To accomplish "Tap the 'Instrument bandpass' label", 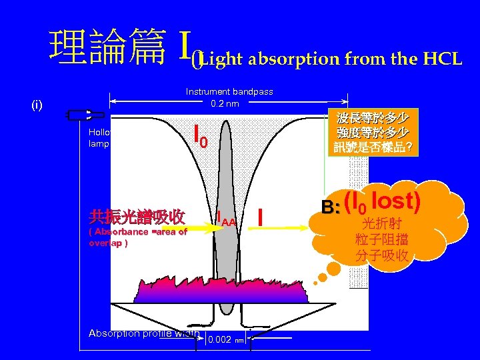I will click(x=229, y=91).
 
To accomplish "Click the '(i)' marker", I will click(x=37, y=105).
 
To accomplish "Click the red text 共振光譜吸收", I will click(x=137, y=217).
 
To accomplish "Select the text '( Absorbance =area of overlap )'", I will click(x=137, y=237).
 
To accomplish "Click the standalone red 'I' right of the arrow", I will click(x=262, y=217).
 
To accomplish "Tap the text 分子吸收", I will click(x=382, y=255).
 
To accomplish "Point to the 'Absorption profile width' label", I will click(x=144, y=333).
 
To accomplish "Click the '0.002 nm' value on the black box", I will click(x=224, y=340).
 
